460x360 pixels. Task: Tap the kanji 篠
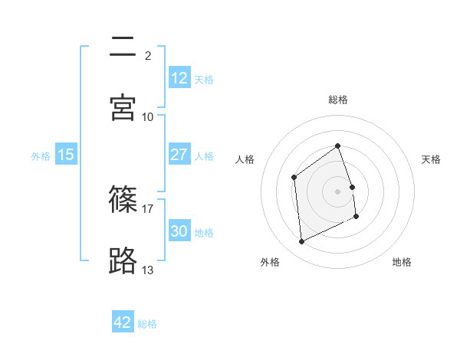coord(123,200)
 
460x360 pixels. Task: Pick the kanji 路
coord(123,261)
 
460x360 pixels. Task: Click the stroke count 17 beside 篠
coord(148,208)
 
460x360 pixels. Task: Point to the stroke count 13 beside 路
coord(148,270)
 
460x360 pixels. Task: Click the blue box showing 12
coord(179,78)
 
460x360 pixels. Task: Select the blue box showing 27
coord(179,155)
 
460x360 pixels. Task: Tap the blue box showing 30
coord(179,231)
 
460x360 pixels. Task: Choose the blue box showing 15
coord(66,155)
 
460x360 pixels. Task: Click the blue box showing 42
coord(123,322)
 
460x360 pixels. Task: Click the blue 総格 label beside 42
coord(147,324)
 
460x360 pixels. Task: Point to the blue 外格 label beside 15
coord(41,155)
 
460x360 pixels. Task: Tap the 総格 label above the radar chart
coord(338,100)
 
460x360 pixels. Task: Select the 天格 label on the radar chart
coord(431,159)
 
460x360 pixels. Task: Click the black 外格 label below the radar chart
coord(270,262)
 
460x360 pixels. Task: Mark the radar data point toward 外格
coord(301,242)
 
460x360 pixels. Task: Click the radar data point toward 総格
coord(337,146)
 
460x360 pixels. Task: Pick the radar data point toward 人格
coord(294,178)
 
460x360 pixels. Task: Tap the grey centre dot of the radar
coord(337,191)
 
